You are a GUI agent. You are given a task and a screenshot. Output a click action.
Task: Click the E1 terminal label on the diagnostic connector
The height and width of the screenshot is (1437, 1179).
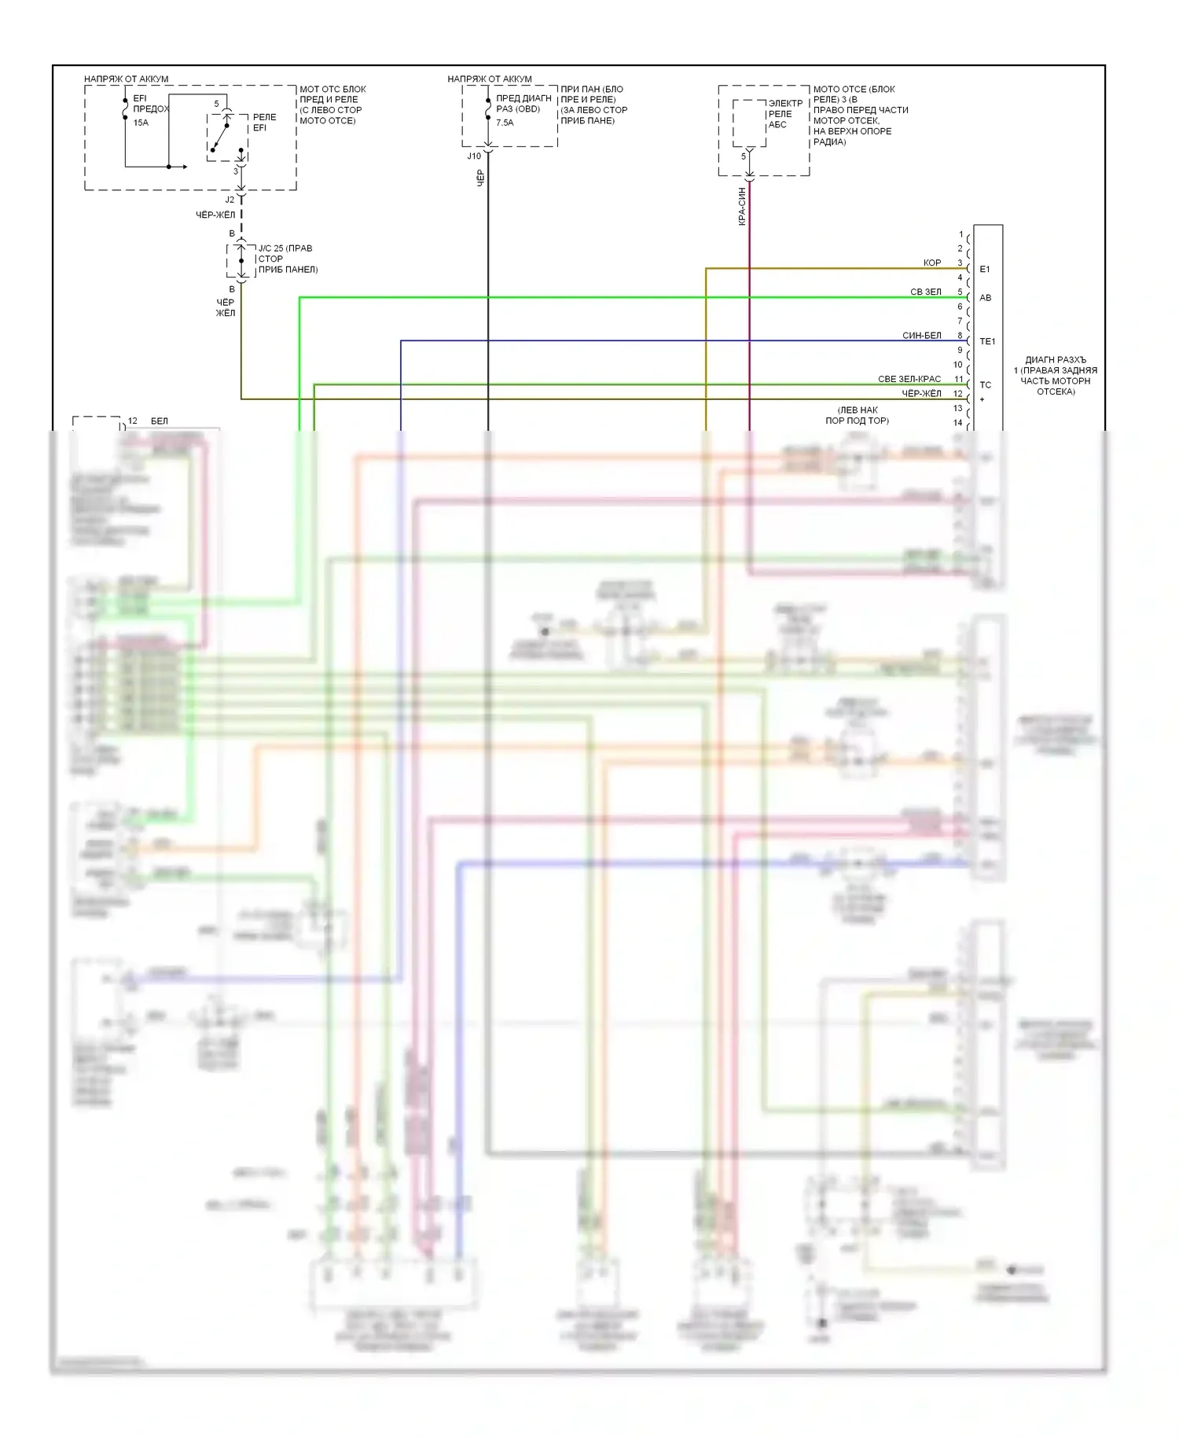tap(985, 270)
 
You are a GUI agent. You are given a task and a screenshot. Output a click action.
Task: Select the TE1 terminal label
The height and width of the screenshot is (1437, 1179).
tap(987, 342)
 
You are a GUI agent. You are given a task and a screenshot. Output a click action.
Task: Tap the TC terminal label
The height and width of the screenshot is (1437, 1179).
tap(986, 385)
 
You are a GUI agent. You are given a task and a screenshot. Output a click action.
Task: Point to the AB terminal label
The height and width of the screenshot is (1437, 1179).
tap(986, 298)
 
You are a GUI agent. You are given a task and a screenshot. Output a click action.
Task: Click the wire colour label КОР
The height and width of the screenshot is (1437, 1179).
tap(931, 263)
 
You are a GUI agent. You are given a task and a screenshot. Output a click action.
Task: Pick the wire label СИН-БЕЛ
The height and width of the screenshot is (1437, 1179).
tap(921, 336)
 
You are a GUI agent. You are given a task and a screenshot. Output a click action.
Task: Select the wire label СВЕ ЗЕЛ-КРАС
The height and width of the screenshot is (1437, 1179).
tap(909, 379)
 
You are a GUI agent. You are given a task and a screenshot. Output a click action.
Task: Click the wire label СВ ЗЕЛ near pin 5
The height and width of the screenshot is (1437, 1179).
tap(925, 292)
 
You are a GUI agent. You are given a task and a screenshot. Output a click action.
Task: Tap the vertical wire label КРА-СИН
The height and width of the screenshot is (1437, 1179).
tap(741, 206)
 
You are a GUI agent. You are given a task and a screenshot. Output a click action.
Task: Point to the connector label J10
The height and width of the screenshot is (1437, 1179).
tap(474, 156)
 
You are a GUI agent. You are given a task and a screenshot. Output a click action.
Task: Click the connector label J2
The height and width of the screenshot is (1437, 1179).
tap(230, 200)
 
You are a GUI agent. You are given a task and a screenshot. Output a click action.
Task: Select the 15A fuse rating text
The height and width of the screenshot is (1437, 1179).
tap(141, 123)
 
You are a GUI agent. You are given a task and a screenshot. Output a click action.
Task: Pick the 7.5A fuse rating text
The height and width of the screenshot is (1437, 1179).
tap(505, 123)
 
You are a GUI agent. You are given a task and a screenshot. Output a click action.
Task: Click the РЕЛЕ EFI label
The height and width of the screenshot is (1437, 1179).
tap(264, 123)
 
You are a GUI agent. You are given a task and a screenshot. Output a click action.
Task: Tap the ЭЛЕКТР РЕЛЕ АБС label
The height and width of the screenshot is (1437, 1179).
tap(785, 114)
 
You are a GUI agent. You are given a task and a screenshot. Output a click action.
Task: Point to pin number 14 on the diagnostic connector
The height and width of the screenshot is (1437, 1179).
tap(957, 423)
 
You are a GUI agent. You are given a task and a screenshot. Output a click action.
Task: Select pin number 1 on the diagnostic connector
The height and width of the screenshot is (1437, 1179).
tap(960, 234)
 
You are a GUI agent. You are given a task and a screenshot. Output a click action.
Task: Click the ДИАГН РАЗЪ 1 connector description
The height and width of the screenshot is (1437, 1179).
tap(1056, 376)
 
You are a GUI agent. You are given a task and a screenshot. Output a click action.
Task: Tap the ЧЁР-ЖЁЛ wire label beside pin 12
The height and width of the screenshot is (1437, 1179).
tap(921, 394)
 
